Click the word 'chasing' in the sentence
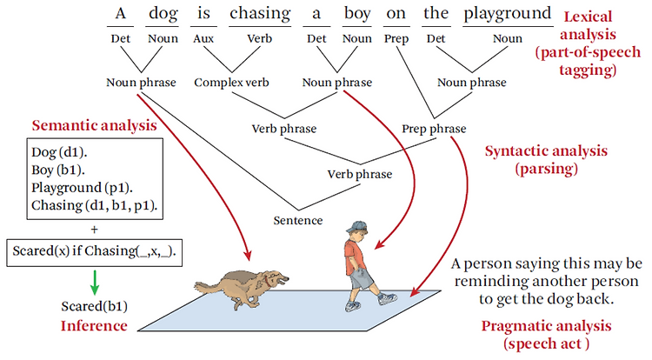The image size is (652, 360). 260,14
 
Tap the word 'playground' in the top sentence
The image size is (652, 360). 508,14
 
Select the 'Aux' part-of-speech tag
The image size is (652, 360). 203,38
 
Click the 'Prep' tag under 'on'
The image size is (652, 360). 396,39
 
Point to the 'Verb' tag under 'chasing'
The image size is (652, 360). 259,38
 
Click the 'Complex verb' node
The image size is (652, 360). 231,83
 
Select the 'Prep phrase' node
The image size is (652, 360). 434,130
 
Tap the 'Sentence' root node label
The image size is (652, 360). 298,220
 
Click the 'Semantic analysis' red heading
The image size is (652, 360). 95,125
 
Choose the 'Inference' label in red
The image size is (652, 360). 94,326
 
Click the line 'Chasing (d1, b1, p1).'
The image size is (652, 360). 95,205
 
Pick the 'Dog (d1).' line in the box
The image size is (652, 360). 59,152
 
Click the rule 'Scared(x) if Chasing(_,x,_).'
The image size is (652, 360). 95,251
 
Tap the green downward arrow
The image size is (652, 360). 95,283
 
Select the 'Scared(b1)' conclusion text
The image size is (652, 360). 95,306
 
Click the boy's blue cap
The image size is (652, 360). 356,226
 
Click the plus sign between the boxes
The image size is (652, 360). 95,230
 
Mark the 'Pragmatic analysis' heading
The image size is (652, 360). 547,326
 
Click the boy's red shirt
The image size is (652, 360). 354,254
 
